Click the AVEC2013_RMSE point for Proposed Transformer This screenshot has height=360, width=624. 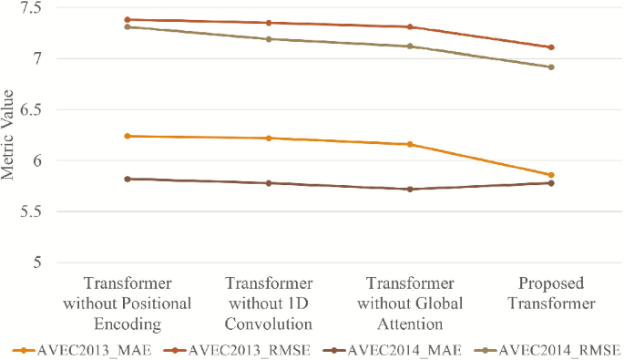(x=551, y=47)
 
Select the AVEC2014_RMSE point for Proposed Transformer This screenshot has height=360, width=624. (x=551, y=67)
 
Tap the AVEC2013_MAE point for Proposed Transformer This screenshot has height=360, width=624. (x=551, y=175)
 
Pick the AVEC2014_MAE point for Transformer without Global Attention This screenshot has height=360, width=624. (x=410, y=190)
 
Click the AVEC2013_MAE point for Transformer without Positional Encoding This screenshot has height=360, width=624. (x=128, y=136)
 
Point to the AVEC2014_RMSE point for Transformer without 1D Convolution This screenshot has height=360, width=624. (x=269, y=39)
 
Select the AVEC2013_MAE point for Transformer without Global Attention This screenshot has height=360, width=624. (x=410, y=144)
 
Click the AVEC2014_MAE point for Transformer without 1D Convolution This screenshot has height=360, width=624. (x=269, y=183)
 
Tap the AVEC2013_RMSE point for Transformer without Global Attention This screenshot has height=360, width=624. (x=410, y=26)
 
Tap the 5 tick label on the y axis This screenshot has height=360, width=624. (x=44, y=262)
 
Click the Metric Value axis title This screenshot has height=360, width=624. (x=9, y=136)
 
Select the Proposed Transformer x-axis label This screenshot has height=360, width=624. (x=551, y=293)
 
